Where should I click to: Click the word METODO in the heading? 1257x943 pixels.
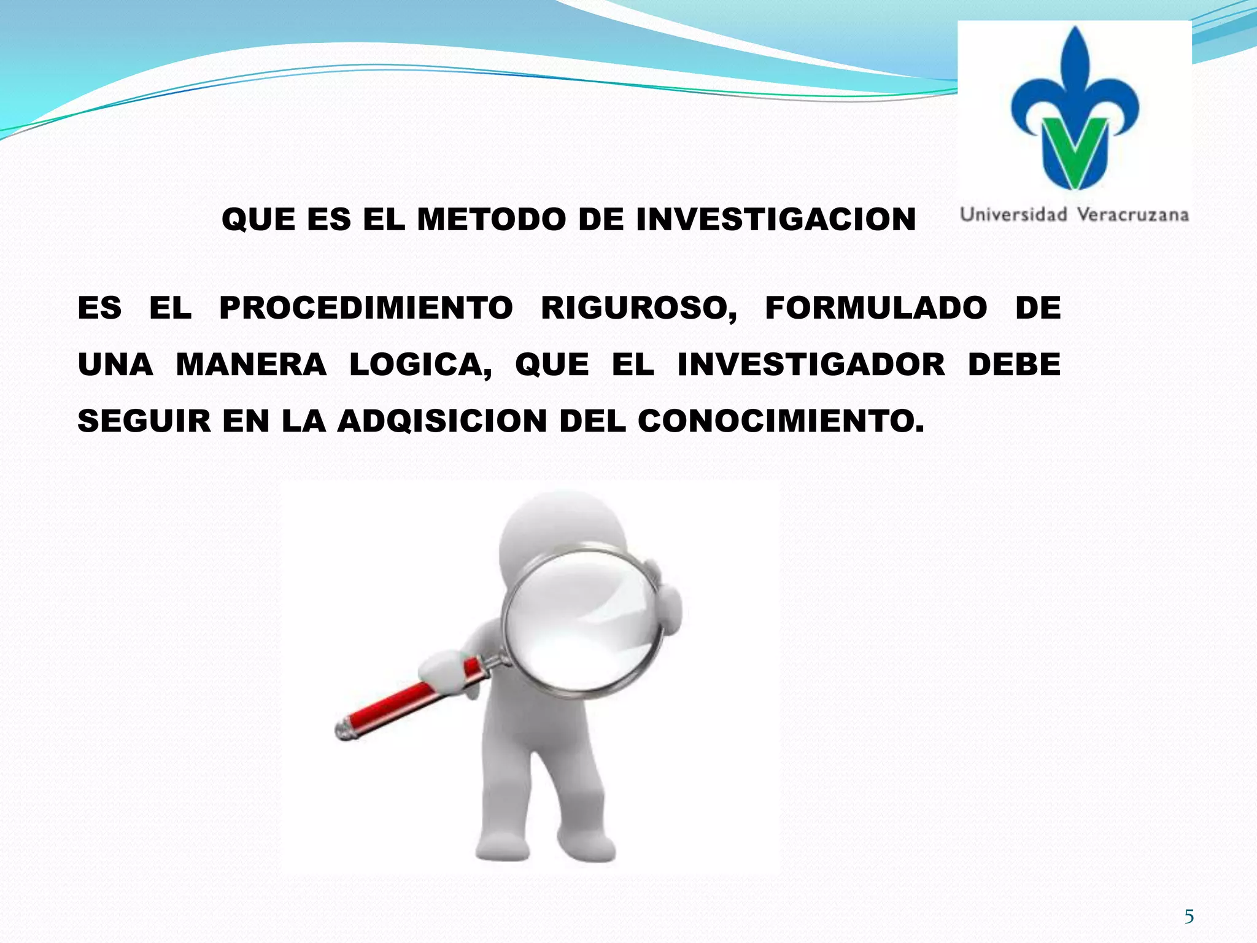pos(491,220)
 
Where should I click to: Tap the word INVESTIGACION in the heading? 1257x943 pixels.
pos(776,220)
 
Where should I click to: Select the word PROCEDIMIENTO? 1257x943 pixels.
pos(366,308)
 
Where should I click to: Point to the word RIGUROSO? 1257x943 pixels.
pos(638,308)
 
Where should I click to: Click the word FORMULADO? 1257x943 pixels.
pos(876,308)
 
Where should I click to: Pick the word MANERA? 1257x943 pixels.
pos(251,365)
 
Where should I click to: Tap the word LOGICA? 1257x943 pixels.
pos(420,365)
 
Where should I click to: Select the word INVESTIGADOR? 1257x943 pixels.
pos(811,365)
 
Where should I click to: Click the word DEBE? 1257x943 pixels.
pos(1014,365)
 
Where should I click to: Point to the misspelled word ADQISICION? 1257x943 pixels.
pos(441,422)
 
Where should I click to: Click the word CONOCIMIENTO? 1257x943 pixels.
pos(780,422)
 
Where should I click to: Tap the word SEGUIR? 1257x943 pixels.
pos(144,422)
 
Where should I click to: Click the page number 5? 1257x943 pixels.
pos(1189,917)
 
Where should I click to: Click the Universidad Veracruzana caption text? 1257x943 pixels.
pos(1074,215)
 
